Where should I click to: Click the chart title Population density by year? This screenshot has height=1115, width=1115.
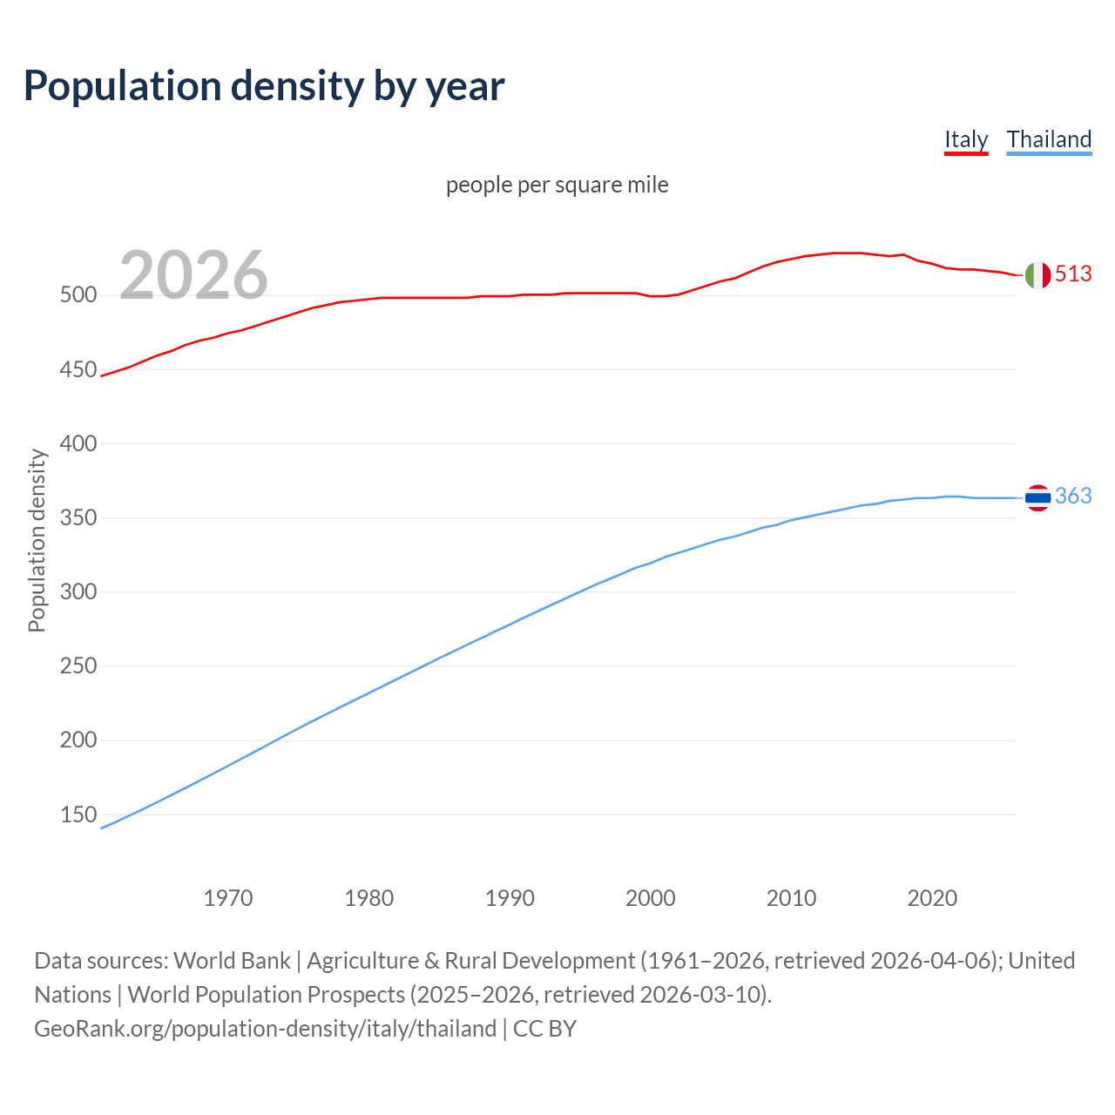click(264, 86)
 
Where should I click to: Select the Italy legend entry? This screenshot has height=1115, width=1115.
click(966, 139)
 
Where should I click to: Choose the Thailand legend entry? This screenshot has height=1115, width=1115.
click(1049, 139)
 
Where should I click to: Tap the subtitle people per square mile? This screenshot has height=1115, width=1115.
click(557, 185)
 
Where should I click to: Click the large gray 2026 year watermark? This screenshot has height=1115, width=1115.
click(193, 275)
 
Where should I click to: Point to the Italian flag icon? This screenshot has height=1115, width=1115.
click(1037, 274)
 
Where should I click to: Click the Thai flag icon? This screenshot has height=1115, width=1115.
click(1037, 497)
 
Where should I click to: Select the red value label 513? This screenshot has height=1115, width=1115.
click(1073, 274)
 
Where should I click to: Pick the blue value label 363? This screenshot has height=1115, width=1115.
click(1073, 496)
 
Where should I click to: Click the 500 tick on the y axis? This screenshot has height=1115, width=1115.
click(78, 295)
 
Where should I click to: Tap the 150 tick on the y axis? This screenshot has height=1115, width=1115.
click(78, 815)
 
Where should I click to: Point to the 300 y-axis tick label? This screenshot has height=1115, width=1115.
click(78, 592)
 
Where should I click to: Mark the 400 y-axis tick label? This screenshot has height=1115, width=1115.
click(78, 444)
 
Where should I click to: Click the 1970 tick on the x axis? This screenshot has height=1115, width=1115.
click(228, 898)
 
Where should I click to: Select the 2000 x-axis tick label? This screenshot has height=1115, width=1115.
click(651, 898)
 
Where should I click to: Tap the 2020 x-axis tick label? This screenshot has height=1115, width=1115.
click(932, 898)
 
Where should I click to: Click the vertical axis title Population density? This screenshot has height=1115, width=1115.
click(37, 540)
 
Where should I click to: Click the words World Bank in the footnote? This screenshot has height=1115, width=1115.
click(232, 961)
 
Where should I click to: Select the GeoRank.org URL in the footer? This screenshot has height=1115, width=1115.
click(265, 1029)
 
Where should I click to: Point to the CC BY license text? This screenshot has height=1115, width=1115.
click(545, 1029)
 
